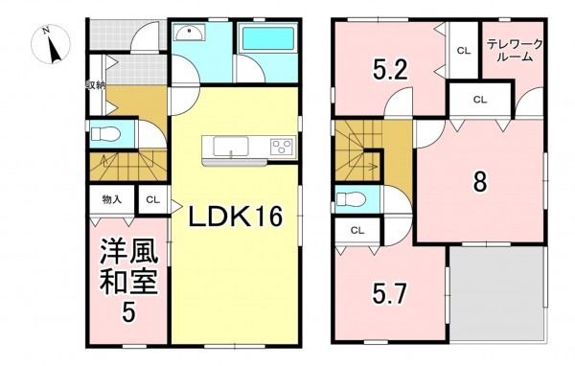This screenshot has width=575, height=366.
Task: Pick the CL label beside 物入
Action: [x=152, y=200]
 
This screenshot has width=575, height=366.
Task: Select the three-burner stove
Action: [x=283, y=147]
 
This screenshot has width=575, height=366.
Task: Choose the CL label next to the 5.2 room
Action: [x=462, y=51]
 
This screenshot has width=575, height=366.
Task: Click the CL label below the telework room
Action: [x=478, y=99]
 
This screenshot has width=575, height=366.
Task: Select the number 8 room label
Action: [x=479, y=180]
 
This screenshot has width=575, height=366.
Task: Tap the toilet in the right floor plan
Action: [x=350, y=200]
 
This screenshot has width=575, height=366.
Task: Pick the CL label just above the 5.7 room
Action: [x=356, y=230]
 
